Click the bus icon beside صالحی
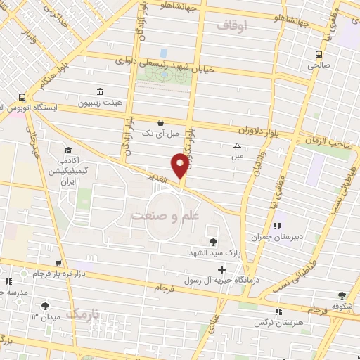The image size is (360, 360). [x=319, y=53]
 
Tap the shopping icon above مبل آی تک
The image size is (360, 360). [x=161, y=121]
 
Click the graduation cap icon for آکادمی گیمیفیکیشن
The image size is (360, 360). [x=69, y=150]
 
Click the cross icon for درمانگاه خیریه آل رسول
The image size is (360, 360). [x=222, y=269]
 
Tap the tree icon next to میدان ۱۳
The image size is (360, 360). [x=46, y=305]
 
